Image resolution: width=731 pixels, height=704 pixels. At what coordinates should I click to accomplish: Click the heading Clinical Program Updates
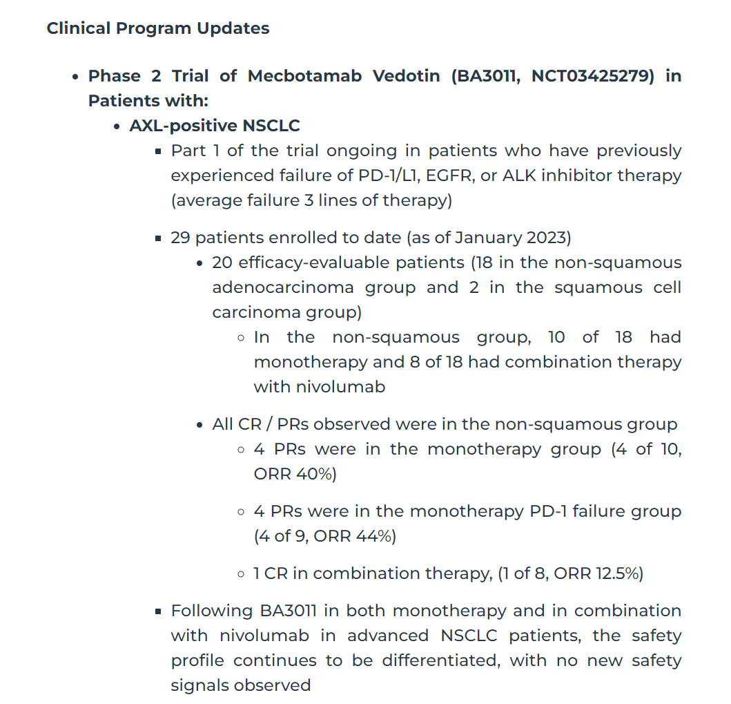158,29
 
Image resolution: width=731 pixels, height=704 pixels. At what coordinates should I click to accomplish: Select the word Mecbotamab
304,76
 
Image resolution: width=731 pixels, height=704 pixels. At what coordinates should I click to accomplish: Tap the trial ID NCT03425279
592,76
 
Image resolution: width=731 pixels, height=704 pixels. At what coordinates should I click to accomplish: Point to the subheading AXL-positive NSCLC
215,126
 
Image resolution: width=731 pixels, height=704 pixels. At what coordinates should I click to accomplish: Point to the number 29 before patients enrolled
181,238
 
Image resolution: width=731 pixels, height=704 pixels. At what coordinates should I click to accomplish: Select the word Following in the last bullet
213,611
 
